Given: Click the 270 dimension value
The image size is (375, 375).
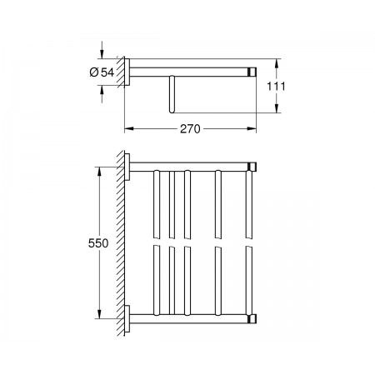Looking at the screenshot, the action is [x=190, y=129].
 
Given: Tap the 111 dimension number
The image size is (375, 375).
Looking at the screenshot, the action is [x=276, y=87].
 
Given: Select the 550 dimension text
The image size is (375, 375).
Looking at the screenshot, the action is [x=98, y=243].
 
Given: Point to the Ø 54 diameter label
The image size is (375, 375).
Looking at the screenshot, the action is [x=102, y=72].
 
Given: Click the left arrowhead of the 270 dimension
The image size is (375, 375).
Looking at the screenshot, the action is [x=129, y=128].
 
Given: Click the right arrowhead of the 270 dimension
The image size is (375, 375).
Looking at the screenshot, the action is [x=252, y=128].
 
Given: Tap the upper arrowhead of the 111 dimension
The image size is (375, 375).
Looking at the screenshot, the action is [x=276, y=63].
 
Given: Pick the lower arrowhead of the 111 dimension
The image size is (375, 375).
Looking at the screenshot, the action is [x=276, y=108].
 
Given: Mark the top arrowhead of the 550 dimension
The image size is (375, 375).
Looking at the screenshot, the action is [x=98, y=172].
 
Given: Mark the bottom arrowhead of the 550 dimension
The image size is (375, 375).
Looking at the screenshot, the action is [x=98, y=314].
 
